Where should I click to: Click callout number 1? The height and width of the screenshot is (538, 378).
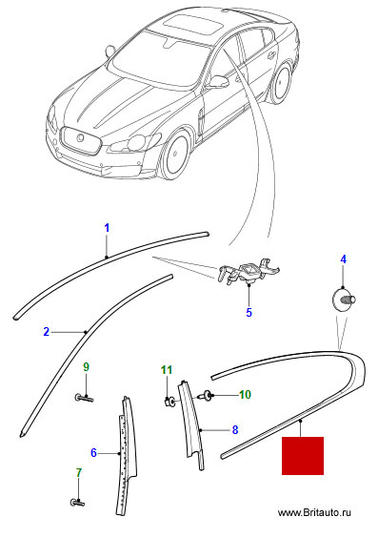(107, 228)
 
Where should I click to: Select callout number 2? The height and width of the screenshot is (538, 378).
(47, 332)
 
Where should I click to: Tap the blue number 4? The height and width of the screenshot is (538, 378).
(343, 259)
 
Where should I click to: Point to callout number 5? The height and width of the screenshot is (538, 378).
(249, 313)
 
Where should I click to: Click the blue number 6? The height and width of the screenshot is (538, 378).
(94, 453)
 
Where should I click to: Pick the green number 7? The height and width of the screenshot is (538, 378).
(79, 472)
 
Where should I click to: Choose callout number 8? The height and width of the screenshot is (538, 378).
(235, 429)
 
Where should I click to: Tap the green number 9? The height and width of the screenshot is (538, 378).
(86, 367)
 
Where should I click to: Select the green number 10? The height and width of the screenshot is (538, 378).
(245, 395)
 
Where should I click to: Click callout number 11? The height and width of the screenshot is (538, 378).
(167, 370)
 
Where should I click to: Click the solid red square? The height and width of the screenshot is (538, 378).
(303, 456)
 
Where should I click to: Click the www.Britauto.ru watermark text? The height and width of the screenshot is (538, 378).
(314, 513)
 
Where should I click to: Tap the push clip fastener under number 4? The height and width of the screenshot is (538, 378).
(344, 300)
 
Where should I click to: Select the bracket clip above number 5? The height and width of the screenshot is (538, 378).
(248, 272)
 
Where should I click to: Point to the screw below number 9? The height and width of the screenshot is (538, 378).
(84, 399)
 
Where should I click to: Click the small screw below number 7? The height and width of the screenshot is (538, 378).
(78, 504)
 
